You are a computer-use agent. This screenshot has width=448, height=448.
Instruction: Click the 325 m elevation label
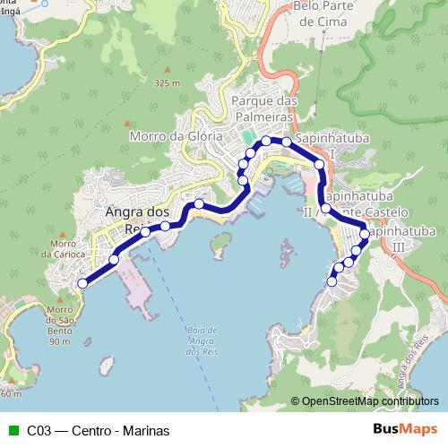coord(167,82)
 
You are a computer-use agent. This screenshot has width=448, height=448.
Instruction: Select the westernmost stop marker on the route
coord(82,283)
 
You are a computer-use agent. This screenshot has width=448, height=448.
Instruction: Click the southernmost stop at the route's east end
coord(332,281)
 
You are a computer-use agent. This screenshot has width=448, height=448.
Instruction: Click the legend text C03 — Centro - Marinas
coord(86,431)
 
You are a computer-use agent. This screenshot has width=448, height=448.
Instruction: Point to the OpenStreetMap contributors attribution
coord(369,402)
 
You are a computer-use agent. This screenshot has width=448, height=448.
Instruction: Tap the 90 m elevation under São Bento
coord(60,341)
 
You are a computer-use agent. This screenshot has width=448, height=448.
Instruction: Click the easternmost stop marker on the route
coord(365,234)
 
